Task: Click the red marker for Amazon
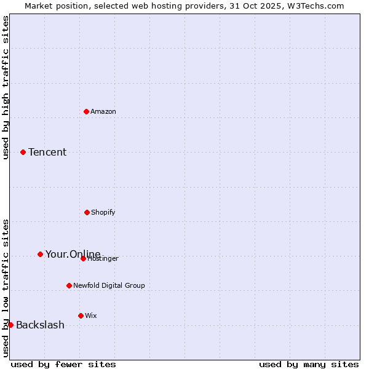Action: [86, 111]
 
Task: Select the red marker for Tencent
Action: [23, 152]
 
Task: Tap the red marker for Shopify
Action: [87, 212]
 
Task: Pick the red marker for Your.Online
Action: [40, 254]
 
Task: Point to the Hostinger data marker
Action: [83, 258]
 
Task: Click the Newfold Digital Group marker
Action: [69, 285]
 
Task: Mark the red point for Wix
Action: [81, 315]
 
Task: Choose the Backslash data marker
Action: [10, 325]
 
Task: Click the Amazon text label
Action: [103, 111]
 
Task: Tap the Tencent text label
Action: [47, 152]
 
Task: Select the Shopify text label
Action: [103, 212]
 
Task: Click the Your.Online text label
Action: [73, 254]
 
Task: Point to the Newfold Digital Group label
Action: [109, 285]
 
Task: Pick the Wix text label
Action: [91, 315]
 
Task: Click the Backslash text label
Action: [40, 325]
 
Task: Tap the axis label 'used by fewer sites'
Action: [63, 364]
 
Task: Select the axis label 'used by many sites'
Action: [309, 364]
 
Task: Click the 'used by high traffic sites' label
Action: [6, 87]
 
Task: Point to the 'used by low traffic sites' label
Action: [6, 288]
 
